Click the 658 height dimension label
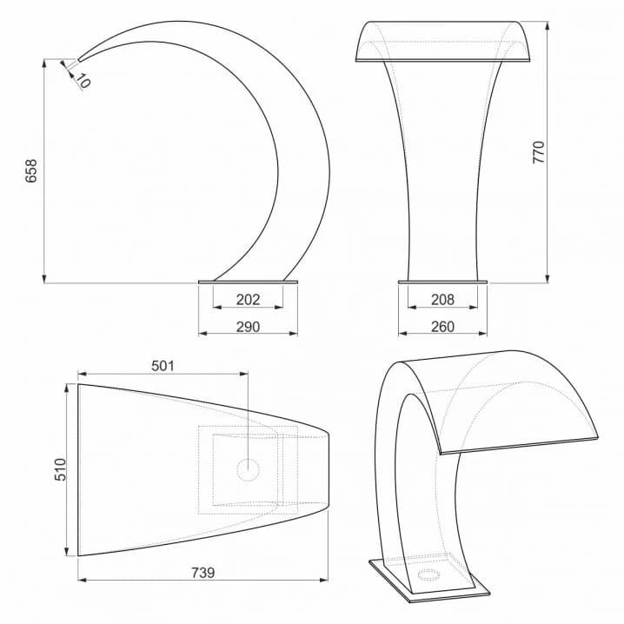tap(31, 171)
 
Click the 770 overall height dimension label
tap(539, 152)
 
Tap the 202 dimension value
tap(248, 299)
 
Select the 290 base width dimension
tap(248, 327)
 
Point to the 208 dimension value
tap(442, 299)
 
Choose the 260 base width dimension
tap(442, 327)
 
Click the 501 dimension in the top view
tap(163, 366)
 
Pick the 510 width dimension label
tap(60, 469)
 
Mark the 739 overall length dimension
tap(203, 573)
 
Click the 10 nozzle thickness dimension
tap(83, 81)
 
